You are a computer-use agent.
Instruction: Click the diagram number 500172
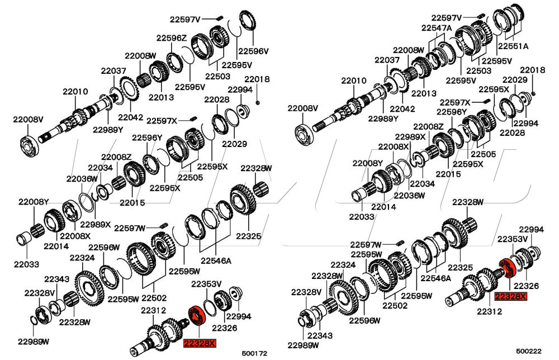click(255, 354)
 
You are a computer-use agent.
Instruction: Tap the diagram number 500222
click(529, 351)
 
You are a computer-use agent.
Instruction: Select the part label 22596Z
click(171, 38)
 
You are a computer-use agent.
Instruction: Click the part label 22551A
click(513, 46)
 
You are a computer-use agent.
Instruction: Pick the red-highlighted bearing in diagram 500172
click(197, 315)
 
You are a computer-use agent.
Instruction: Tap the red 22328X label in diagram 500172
click(199, 343)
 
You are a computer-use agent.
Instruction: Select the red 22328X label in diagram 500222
click(510, 296)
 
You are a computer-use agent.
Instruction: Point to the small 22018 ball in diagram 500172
click(258, 102)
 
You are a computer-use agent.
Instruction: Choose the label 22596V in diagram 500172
click(254, 50)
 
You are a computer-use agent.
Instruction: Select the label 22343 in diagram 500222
click(319, 335)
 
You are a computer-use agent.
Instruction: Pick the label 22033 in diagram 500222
click(363, 216)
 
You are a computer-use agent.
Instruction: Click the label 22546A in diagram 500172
click(216, 260)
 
